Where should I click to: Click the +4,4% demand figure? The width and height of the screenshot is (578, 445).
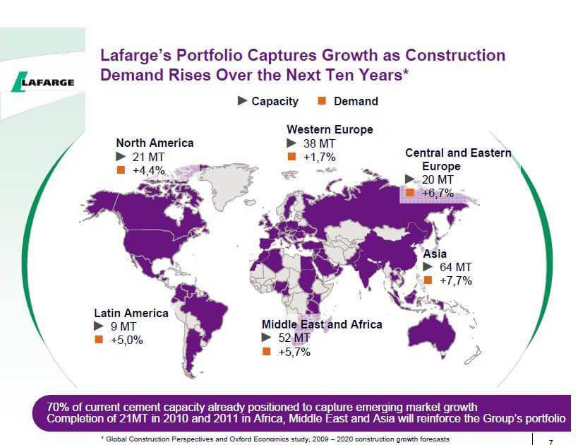coord(148,170)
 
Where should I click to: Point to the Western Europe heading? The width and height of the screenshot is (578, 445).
coord(330,129)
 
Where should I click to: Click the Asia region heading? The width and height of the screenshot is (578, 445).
coord(435,254)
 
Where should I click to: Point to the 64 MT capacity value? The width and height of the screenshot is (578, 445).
coord(455,267)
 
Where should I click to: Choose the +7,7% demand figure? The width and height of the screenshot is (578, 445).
coord(455,280)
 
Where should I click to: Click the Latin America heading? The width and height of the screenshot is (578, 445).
coord(131,312)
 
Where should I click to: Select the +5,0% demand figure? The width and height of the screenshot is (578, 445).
coord(127,340)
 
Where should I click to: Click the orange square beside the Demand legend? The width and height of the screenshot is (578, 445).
coord(320,101)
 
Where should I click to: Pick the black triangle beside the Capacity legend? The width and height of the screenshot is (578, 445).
coord(242,101)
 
